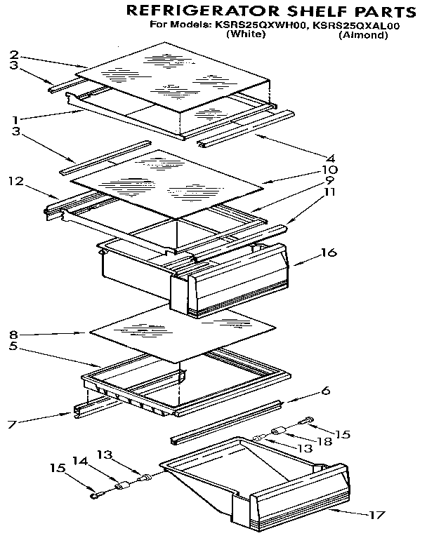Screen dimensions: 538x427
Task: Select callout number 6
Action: pyautogui.click(x=326, y=391)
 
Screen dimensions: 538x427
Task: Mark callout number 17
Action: pyautogui.click(x=377, y=516)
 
